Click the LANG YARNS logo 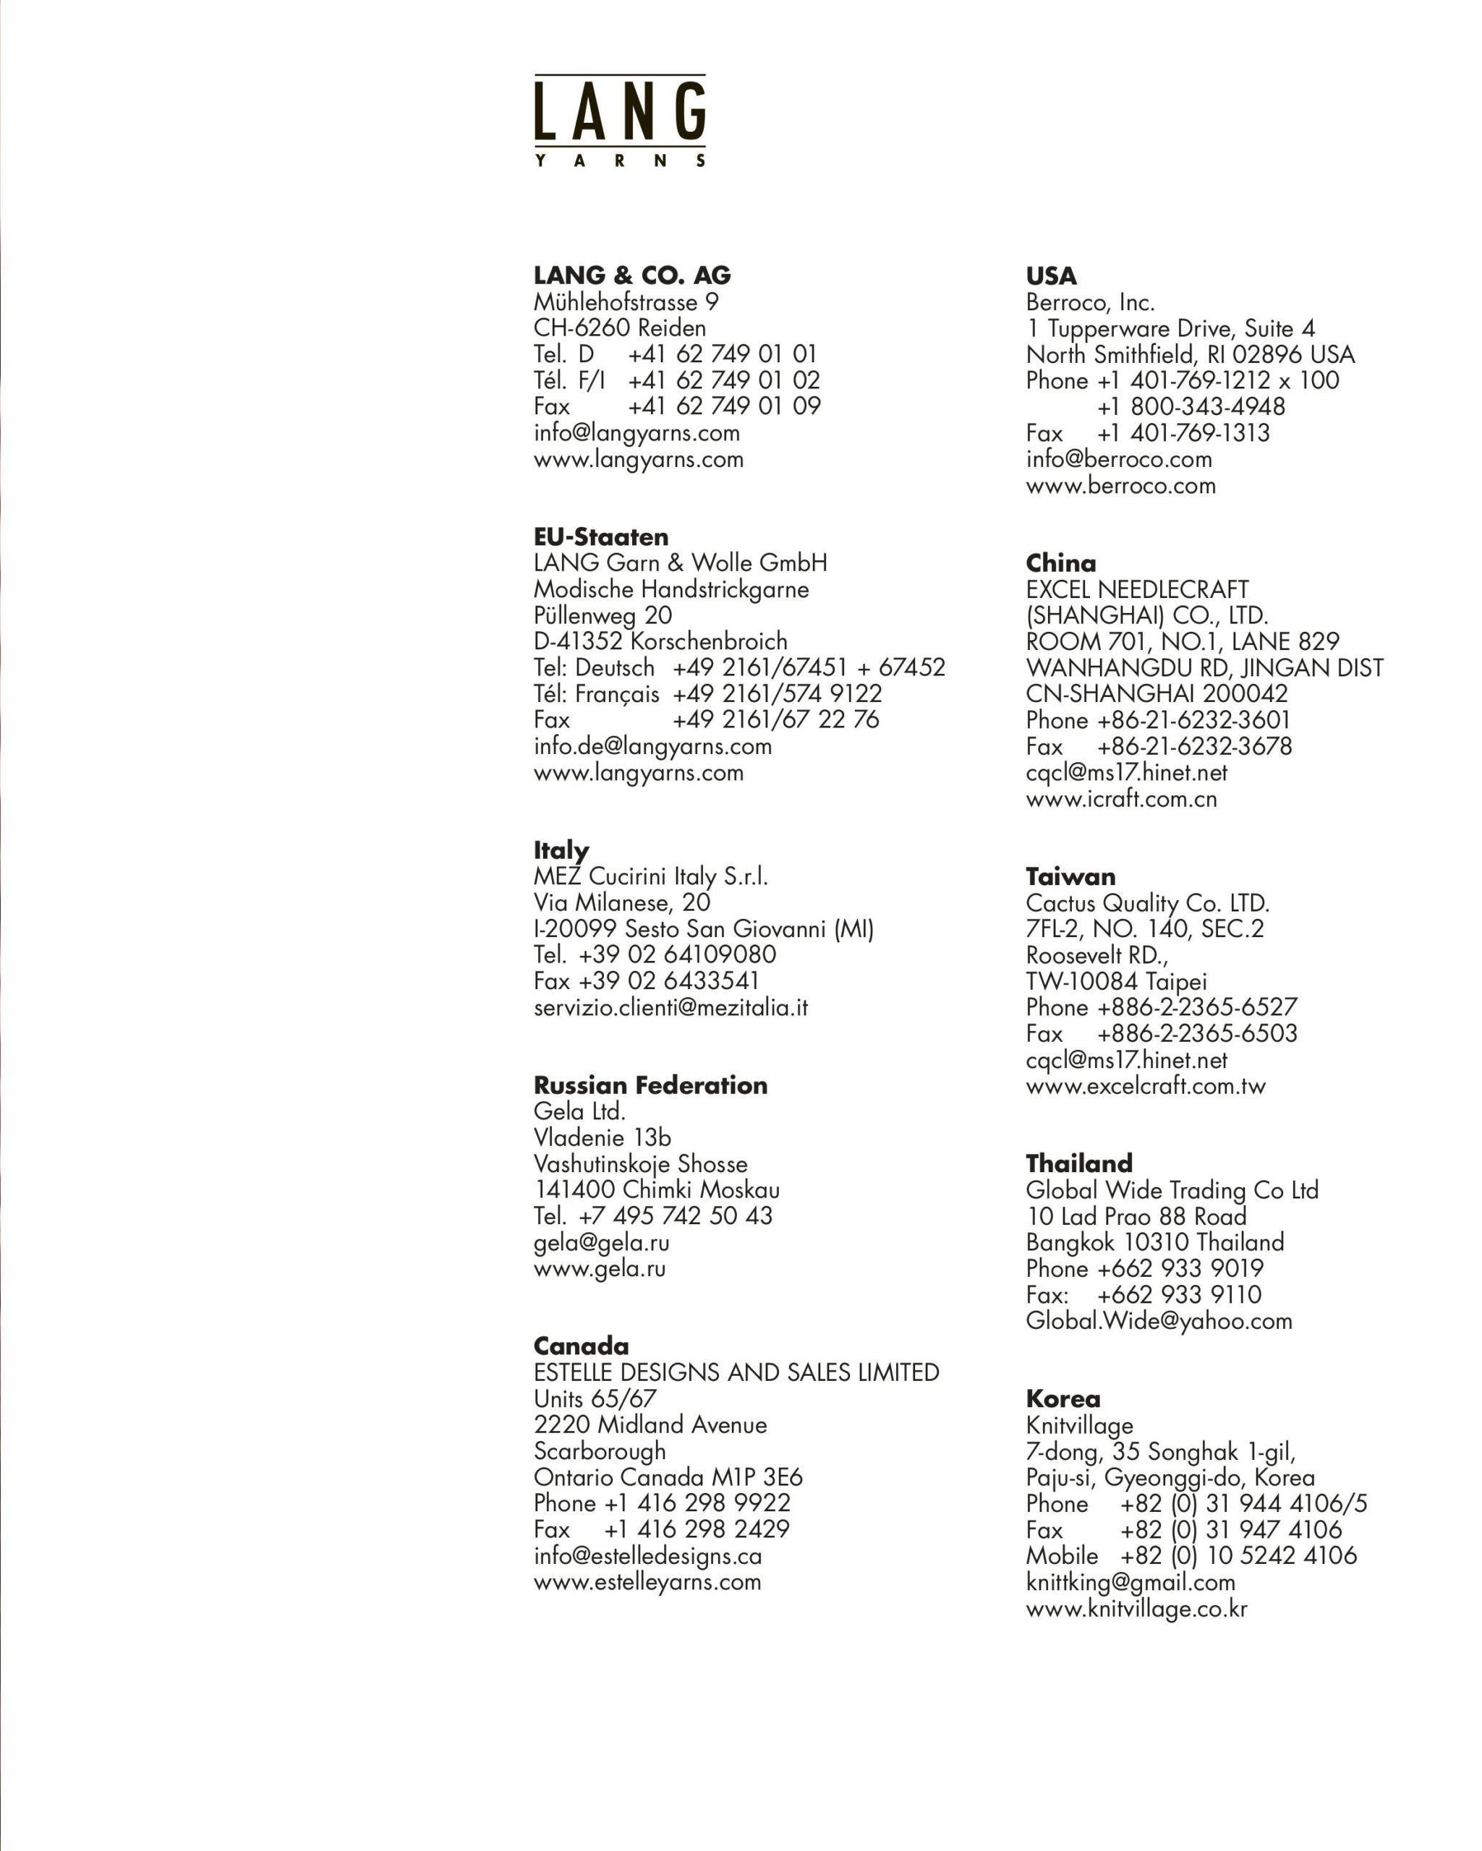pyautogui.click(x=619, y=120)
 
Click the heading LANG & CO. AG pyautogui.click(x=632, y=275)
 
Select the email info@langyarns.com pyautogui.click(x=636, y=432)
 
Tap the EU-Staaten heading pyautogui.click(x=601, y=537)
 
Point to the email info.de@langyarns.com pyautogui.click(x=652, y=746)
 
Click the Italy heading pyautogui.click(x=561, y=850)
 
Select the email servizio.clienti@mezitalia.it pyautogui.click(x=670, y=1007)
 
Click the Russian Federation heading pyautogui.click(x=650, y=1085)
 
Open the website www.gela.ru pyautogui.click(x=600, y=1268)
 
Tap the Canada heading pyautogui.click(x=582, y=1346)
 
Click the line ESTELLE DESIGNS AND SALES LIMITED pyautogui.click(x=736, y=1373)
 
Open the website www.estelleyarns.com pyautogui.click(x=647, y=1581)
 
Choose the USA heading pyautogui.click(x=1051, y=276)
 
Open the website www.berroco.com pyautogui.click(x=1120, y=486)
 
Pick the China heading pyautogui.click(x=1060, y=564)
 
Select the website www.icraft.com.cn pyautogui.click(x=1121, y=799)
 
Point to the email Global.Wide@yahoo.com pyautogui.click(x=1158, y=1320)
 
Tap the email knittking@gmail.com pyautogui.click(x=1130, y=1582)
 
